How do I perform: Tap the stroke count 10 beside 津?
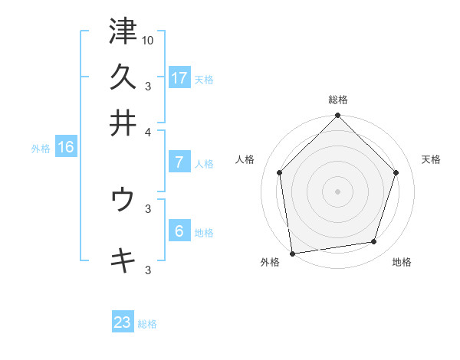148,39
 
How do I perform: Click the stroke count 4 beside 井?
148,131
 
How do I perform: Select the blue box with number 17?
179,77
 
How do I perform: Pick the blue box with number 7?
179,162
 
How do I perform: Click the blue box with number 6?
179,231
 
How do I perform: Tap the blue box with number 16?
65,147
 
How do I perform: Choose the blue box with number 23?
123,322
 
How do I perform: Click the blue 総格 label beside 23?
147,324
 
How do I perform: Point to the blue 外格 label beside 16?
41,149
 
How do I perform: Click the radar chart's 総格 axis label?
338,100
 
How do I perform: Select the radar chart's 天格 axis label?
432,159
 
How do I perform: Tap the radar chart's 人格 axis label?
245,159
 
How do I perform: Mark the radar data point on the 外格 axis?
293,253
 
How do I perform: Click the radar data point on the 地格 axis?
374,242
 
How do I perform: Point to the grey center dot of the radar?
338,191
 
